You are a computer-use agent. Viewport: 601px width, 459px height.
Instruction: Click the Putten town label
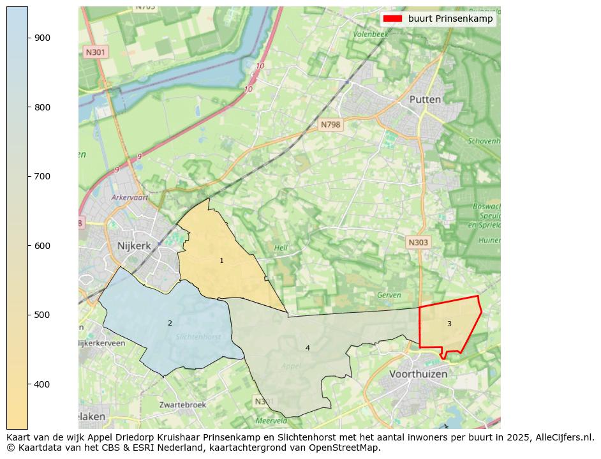[425, 100]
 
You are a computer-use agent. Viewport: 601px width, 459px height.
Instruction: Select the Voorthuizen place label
[418, 374]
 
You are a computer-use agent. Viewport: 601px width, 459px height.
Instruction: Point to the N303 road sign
[418, 243]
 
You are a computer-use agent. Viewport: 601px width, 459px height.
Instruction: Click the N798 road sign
[330, 125]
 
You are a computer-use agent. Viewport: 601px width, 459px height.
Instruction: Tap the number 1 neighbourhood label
[221, 260]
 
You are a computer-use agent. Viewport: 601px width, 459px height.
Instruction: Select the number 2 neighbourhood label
[170, 323]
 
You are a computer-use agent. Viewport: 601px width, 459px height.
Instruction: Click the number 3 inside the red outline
[449, 324]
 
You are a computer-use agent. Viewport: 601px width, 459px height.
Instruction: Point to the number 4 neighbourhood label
[308, 348]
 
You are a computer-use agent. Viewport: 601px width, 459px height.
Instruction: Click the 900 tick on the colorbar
[42, 38]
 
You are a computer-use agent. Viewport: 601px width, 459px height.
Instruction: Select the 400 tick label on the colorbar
[42, 384]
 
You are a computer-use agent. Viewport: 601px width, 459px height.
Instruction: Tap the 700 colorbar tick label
[42, 176]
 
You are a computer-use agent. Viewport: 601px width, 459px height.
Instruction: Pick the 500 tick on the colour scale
[42, 315]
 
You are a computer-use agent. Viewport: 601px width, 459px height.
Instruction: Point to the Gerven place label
[389, 296]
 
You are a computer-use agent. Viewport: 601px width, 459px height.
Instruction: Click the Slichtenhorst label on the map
[198, 336]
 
